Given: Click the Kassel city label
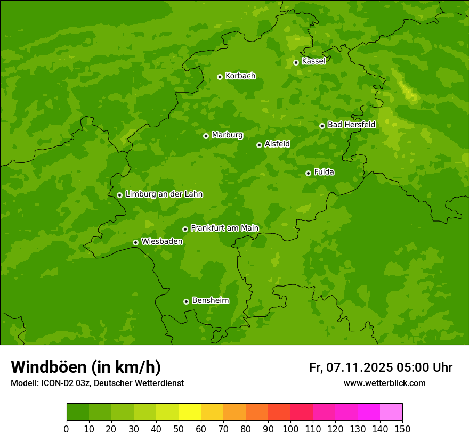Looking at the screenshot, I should tap(313, 61).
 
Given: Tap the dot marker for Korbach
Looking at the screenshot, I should tap(220, 77).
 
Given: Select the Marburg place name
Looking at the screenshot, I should tap(227, 135).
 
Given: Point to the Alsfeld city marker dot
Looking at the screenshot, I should tap(259, 145).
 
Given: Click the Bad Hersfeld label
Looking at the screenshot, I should tap(351, 125).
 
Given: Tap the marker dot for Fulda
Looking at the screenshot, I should tap(308, 173).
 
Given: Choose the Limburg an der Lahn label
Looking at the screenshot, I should tap(164, 194).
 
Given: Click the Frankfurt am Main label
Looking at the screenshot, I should tap(224, 228).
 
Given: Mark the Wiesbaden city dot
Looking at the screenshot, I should tap(135, 242).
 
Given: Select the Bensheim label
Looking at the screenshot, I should tap(210, 300).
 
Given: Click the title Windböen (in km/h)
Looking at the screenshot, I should tap(86, 367).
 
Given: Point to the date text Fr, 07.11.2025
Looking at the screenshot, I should tap(351, 367).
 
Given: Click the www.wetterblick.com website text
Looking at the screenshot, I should tap(384, 383).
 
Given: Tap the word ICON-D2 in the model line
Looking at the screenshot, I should tap(60, 383).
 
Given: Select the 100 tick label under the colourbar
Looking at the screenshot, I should tap(290, 429).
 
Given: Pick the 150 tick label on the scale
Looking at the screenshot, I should tap(402, 429).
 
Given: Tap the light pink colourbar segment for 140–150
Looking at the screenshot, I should tap(391, 412).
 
